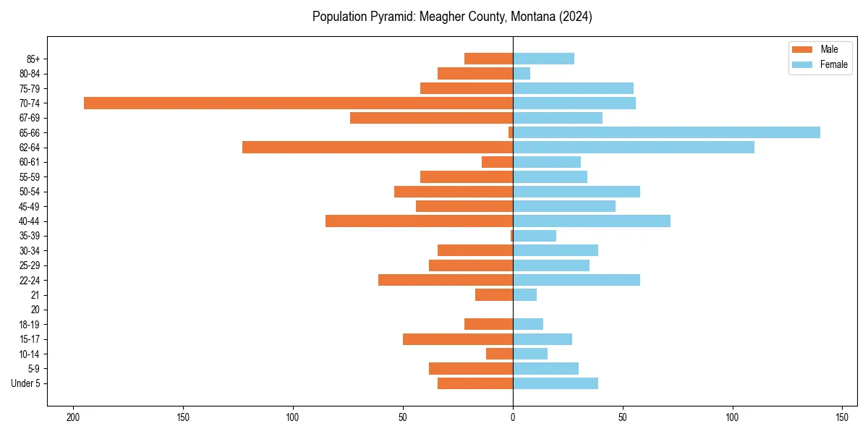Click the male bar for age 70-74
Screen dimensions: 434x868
pos(298,103)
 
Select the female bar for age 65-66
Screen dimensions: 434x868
pos(666,132)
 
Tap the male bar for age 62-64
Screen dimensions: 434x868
pos(378,147)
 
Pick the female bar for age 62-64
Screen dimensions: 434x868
pos(634,147)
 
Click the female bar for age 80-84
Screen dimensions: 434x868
pos(522,73)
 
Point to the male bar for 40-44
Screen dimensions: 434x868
pos(419,221)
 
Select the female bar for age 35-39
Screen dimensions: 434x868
pos(535,236)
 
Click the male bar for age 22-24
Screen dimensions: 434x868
pos(446,280)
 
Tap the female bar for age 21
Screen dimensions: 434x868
pos(524,294)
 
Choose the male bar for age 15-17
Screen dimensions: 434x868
pos(458,339)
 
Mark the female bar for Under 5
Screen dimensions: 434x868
pos(556,383)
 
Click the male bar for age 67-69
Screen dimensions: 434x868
pos(431,118)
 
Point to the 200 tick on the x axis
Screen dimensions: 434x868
pos(72,417)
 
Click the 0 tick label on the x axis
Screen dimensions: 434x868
pos(513,417)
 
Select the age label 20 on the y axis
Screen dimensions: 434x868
pos(35,310)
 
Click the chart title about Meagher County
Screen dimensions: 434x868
pos(452,17)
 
